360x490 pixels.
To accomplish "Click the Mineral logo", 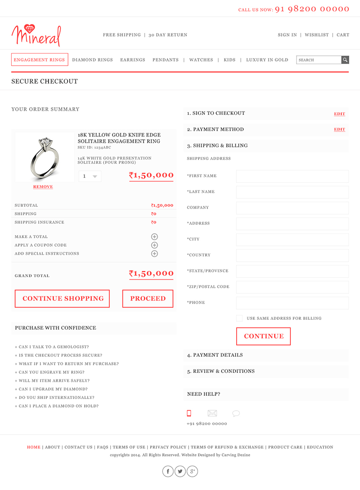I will tap(36, 35).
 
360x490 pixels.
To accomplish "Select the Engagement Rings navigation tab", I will tap(40, 60).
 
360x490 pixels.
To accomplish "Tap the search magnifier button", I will tap(345, 60).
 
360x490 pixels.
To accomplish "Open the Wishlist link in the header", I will tap(317, 35).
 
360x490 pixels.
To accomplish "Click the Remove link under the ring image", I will tap(43, 187).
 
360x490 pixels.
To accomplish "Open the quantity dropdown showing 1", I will tap(90, 177).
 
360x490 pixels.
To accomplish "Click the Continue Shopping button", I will tap(63, 299).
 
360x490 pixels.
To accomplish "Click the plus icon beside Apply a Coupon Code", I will tap(154, 245).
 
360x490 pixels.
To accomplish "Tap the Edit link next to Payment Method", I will tap(339, 130).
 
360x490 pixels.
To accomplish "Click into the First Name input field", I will tap(292, 176).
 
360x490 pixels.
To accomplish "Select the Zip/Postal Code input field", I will tap(292, 287).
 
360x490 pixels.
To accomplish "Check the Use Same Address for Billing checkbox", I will tap(239, 318).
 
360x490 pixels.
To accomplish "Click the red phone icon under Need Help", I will tap(189, 413).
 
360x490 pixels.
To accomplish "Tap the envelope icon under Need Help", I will tap(212, 413).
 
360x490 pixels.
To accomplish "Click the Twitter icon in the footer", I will tap(180, 472).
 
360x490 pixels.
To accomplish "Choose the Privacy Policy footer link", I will tap(168, 447).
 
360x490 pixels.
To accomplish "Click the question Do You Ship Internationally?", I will tap(56, 398).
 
